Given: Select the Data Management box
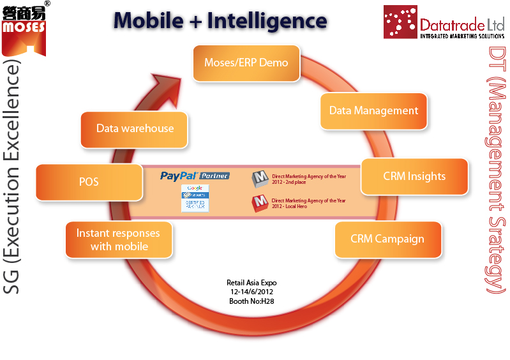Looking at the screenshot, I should [373, 110].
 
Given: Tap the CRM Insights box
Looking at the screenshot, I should [414, 176].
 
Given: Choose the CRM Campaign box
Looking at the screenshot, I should [387, 239].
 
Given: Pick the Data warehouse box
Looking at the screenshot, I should [135, 128].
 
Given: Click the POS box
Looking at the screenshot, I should [89, 182].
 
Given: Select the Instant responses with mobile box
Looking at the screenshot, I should [118, 239].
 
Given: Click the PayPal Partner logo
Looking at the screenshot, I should [195, 176].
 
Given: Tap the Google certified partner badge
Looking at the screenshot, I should [195, 198].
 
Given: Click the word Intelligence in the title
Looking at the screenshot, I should [266, 20].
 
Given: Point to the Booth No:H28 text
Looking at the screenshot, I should [251, 301].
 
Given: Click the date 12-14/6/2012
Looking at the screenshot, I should [251, 292].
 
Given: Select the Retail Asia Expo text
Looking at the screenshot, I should [251, 283].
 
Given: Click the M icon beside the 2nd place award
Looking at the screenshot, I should [260, 179].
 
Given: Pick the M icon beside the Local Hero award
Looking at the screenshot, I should [260, 203].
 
